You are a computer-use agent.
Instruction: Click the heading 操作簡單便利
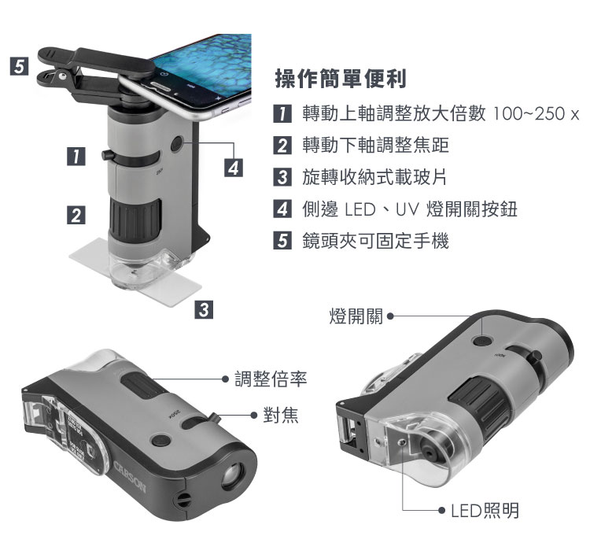(x=341, y=79)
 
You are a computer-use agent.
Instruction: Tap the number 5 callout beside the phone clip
(x=19, y=66)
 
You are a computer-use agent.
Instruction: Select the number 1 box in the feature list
(x=282, y=113)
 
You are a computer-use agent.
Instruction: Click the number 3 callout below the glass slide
(x=204, y=309)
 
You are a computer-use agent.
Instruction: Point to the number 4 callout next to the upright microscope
(x=234, y=168)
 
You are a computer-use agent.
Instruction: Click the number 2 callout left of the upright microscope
(x=76, y=215)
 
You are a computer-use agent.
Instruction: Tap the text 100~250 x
(x=535, y=113)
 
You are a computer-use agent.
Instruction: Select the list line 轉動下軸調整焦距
(x=375, y=146)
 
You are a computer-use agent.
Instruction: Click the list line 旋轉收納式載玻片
(x=374, y=177)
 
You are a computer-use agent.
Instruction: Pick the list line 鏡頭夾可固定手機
(x=375, y=241)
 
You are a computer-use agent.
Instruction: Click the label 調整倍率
(x=271, y=379)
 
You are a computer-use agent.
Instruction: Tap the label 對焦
(x=281, y=416)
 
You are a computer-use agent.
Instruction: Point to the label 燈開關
(x=356, y=316)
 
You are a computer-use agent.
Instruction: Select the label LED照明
(x=485, y=511)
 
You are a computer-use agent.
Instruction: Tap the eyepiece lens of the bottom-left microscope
(x=232, y=475)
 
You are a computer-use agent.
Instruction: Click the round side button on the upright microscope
(x=177, y=144)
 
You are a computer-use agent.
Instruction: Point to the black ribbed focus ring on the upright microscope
(x=135, y=221)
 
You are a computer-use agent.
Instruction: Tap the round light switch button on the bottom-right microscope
(x=482, y=341)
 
